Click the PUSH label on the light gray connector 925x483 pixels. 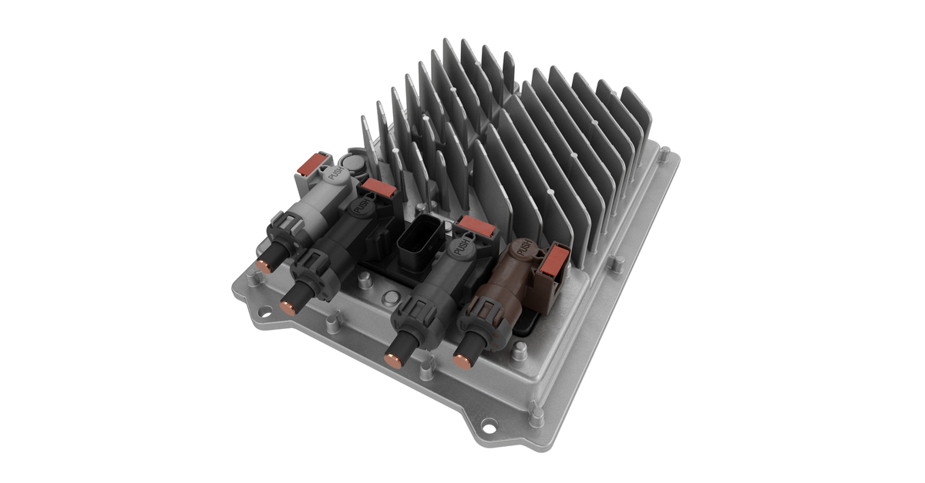[336, 174]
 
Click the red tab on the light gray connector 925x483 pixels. [314, 164]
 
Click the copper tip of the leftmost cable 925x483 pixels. [262, 266]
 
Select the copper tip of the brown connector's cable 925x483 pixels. [461, 359]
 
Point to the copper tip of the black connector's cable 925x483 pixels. [287, 308]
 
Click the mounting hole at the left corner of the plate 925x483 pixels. [264, 312]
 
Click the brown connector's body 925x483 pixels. [513, 277]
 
